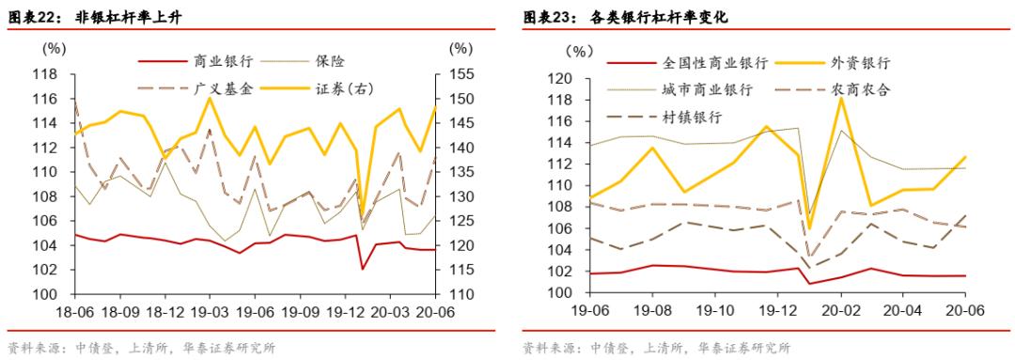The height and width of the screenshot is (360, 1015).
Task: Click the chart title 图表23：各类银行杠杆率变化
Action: (625, 16)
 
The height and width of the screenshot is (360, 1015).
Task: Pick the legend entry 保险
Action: (331, 62)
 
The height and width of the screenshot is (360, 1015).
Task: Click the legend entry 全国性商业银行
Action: (715, 63)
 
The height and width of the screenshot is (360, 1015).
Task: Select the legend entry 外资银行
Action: (860, 63)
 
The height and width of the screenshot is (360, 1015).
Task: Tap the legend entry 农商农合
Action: (860, 89)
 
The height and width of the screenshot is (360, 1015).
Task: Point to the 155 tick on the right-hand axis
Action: (461, 74)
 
